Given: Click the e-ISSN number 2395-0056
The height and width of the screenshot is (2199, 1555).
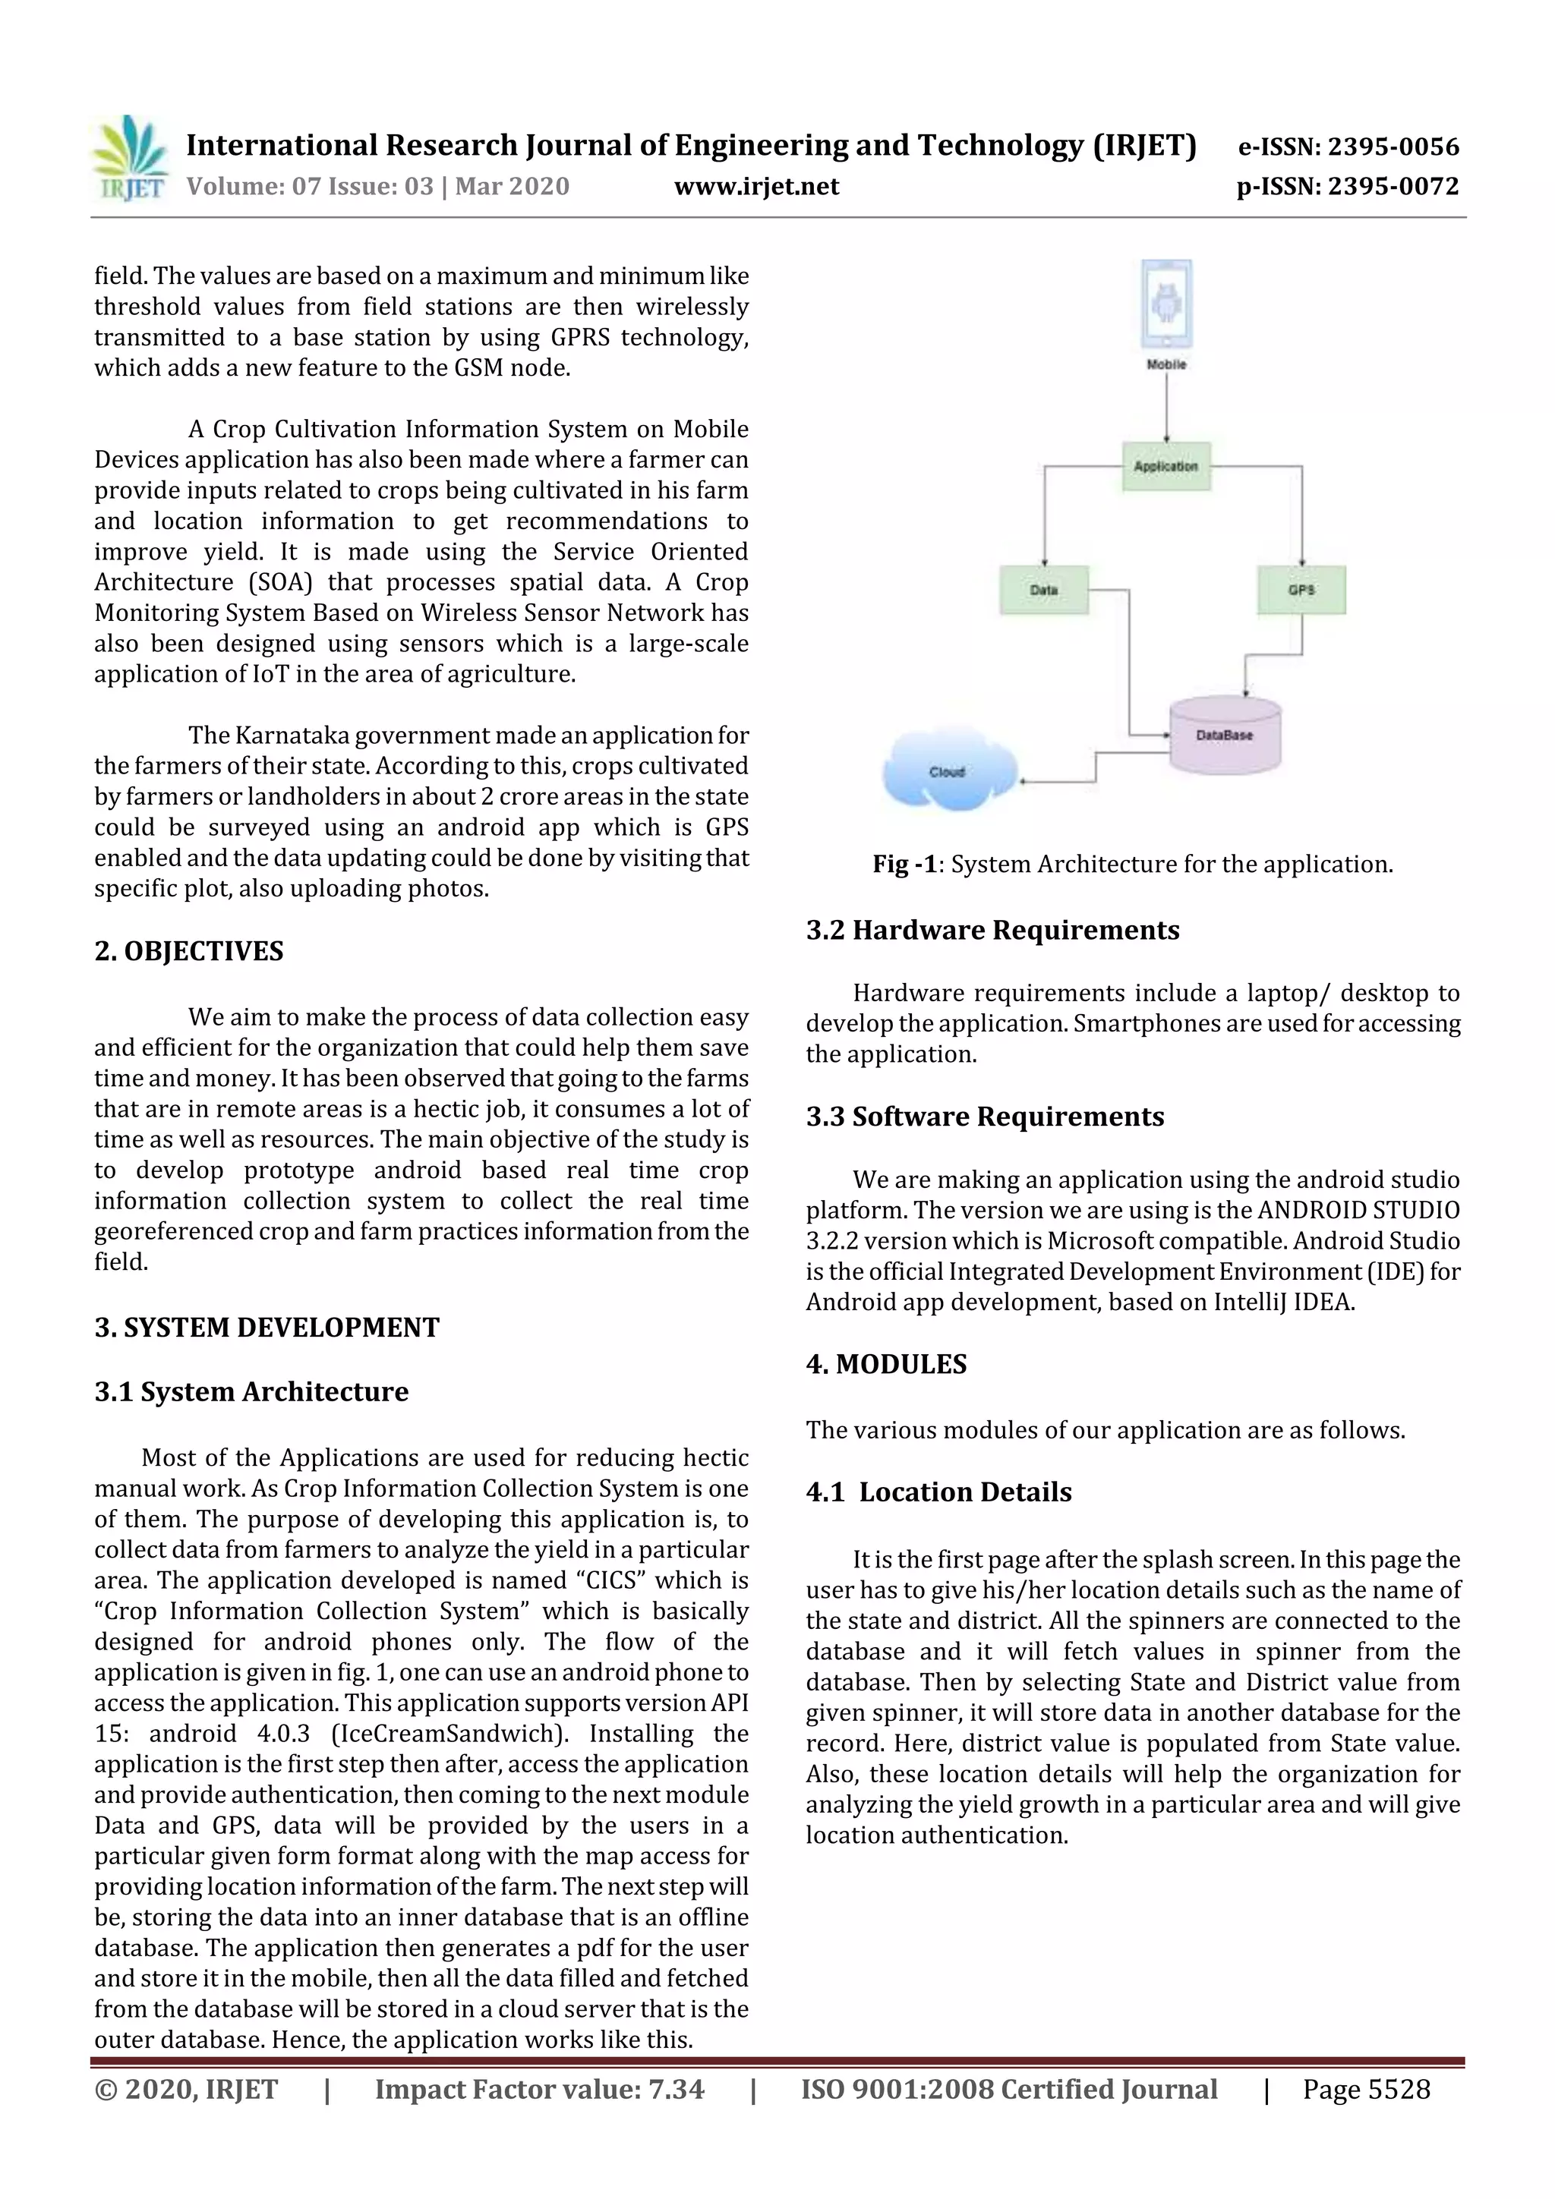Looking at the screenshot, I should click(x=1348, y=146).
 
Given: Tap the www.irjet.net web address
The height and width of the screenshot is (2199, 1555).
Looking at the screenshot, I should click(x=756, y=186).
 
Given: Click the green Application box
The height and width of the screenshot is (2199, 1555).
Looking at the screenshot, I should click(x=1166, y=466).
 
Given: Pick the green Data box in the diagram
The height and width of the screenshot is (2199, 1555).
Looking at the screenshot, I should click(x=1043, y=590).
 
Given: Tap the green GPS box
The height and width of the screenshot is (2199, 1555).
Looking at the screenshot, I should click(x=1301, y=590).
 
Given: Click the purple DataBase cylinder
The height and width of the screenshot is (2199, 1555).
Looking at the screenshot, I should click(x=1225, y=735).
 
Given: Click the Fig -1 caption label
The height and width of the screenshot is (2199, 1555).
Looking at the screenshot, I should click(x=904, y=864).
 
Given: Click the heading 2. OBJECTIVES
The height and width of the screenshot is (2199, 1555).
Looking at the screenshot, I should click(x=189, y=951).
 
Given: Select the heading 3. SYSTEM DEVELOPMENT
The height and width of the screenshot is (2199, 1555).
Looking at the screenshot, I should click(x=267, y=1328).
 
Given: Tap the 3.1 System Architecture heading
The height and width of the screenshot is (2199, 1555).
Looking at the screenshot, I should click(x=251, y=1391).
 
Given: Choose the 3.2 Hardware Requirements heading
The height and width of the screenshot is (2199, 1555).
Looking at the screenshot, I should click(x=992, y=930).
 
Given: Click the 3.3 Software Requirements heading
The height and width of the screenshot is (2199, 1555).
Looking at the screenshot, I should click(x=985, y=1117).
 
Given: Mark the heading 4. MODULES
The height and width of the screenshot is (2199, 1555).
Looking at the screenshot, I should click(x=886, y=1365).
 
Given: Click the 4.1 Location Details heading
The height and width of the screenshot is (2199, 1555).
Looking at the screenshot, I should click(x=939, y=1492).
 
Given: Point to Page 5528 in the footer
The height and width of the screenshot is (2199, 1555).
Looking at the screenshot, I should click(x=1365, y=2090).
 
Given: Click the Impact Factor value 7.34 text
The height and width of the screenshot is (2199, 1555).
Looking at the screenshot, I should click(x=539, y=2090).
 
